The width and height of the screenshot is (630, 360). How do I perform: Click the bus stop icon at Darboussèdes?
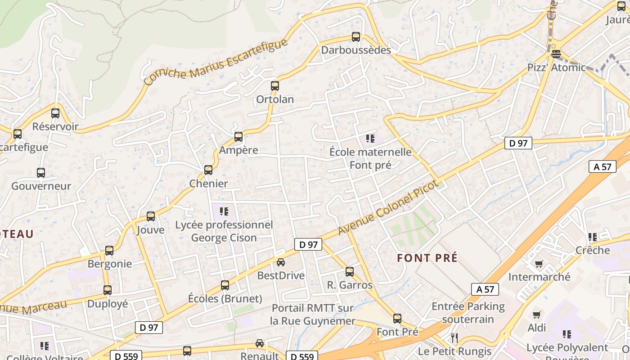[356, 37]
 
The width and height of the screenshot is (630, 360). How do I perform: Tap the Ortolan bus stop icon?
[274, 86]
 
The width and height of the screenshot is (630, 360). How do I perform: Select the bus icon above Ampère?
[238, 137]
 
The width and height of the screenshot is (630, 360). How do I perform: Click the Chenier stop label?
[208, 184]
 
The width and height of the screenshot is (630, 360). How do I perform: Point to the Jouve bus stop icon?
[151, 216]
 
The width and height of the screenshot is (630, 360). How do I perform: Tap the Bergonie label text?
[110, 264]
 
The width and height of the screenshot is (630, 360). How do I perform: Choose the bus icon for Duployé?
[107, 290]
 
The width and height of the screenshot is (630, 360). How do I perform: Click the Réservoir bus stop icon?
[55, 113]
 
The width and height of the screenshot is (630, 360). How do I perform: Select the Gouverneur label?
[41, 186]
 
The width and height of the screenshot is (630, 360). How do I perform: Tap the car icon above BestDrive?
[281, 262]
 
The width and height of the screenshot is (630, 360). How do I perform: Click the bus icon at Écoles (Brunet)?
[225, 285]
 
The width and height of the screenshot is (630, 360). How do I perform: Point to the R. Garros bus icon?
[350, 272]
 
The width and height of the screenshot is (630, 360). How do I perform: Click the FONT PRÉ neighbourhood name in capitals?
[427, 258]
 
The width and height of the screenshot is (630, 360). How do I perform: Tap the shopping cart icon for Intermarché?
[539, 264]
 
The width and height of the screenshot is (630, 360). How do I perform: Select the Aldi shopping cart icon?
[536, 315]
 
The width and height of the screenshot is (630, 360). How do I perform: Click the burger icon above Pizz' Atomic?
[556, 54]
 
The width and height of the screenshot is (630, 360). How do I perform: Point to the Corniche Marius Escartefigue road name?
[216, 63]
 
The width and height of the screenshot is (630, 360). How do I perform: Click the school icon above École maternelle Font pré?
[370, 139]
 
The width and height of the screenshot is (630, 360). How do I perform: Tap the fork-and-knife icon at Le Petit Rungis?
[454, 338]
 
